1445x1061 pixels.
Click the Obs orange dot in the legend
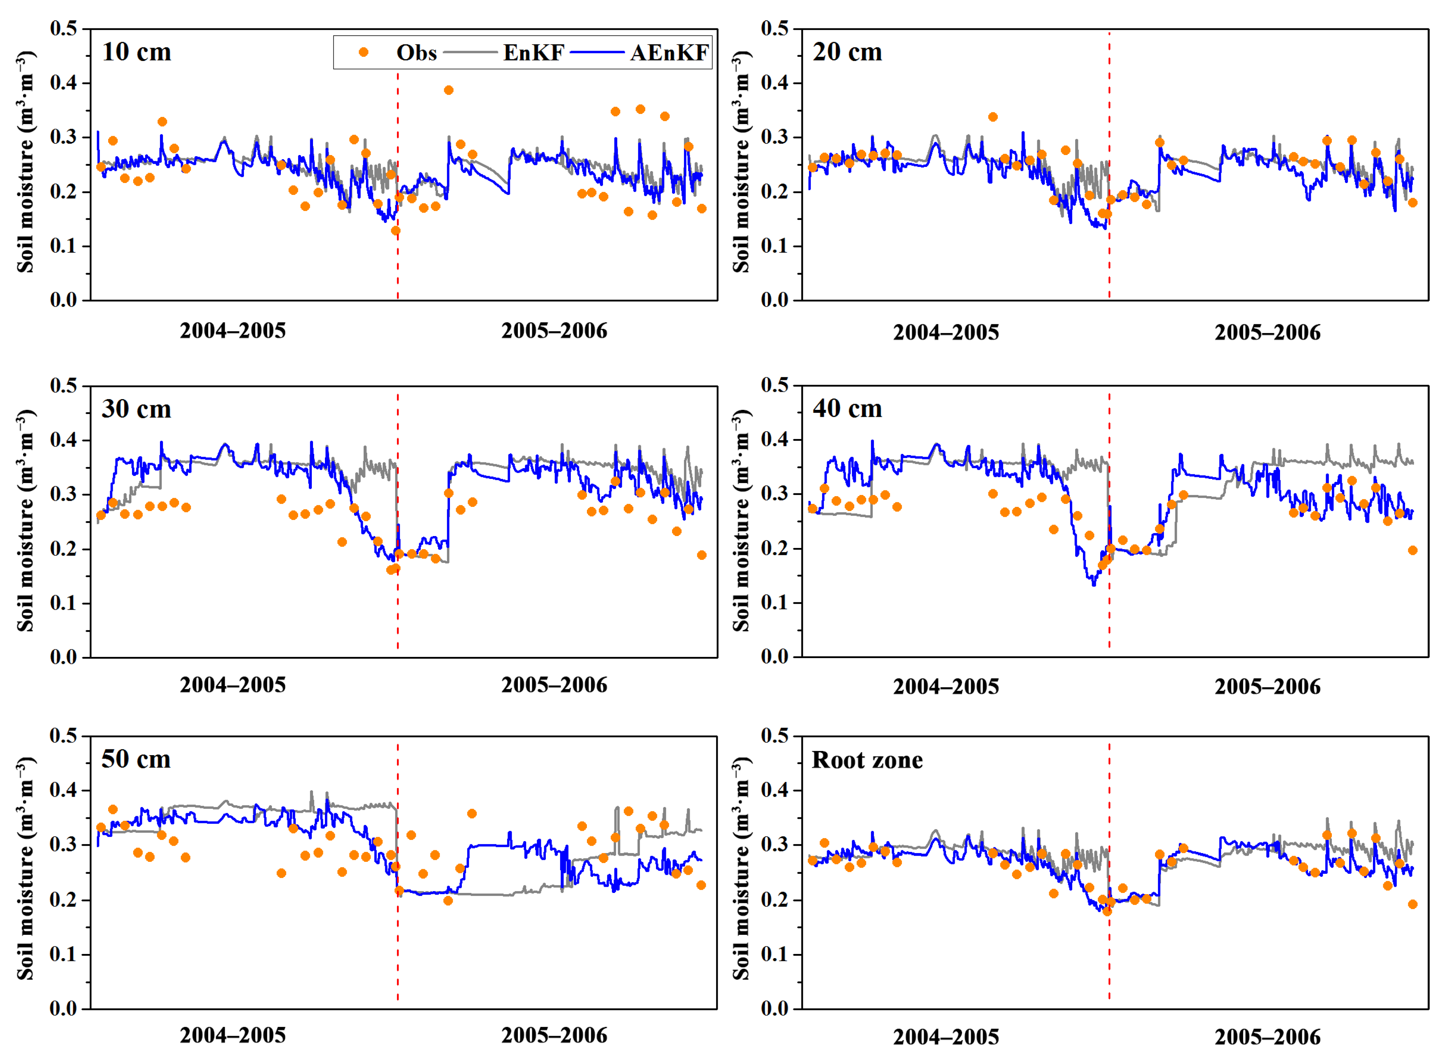pos(363,52)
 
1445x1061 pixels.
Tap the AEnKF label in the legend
pos(669,53)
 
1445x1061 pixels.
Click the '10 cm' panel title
pos(137,52)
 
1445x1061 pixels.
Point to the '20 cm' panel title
pos(847,52)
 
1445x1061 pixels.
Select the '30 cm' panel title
pos(137,409)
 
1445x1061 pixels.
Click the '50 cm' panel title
pos(136,759)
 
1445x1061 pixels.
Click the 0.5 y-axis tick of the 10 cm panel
pos(64,28)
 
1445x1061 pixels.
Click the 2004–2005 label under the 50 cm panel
pos(232,1035)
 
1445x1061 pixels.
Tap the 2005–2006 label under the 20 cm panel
pos(1268,333)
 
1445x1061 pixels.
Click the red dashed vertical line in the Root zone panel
pos(1109,835)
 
